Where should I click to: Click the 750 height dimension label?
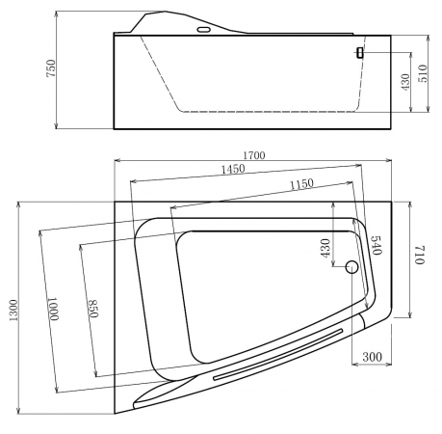coord(51,68)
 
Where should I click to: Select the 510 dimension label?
coord(424,73)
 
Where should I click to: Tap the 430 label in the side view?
coord(405,82)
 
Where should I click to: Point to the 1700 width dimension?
coord(254,155)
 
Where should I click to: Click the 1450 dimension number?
coord(233,169)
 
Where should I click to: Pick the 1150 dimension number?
coord(301,183)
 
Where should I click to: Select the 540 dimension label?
coord(377,245)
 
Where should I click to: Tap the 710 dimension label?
coord(420,255)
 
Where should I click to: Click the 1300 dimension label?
coord(13,311)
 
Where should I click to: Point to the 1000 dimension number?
coord(53,309)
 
